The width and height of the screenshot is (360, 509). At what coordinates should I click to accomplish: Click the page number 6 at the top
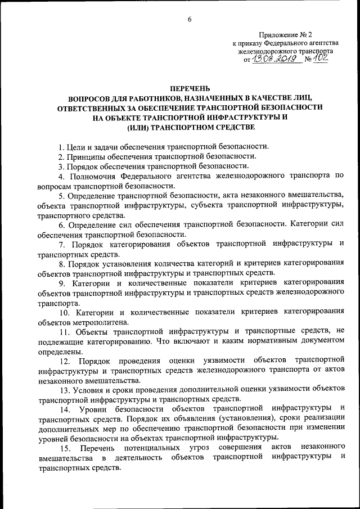point(190,20)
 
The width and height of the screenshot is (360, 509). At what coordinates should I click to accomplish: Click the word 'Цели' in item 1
point(75,147)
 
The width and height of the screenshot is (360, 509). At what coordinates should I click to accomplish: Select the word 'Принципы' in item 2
point(85,156)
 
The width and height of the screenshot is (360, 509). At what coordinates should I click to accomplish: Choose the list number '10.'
point(66,313)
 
